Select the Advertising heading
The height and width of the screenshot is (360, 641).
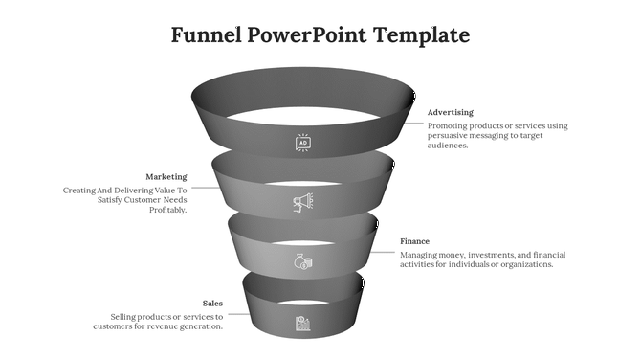pyautogui.click(x=450, y=112)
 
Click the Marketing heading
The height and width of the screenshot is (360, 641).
pyautogui.click(x=166, y=177)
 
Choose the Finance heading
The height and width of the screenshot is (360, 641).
pyautogui.click(x=414, y=241)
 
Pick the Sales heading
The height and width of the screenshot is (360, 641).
pyautogui.click(x=212, y=304)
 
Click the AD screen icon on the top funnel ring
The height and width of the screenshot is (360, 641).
pyautogui.click(x=302, y=143)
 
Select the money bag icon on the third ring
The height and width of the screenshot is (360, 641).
pyautogui.click(x=302, y=261)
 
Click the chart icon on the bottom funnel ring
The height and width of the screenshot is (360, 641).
pyautogui.click(x=302, y=323)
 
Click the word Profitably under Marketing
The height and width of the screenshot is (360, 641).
pyautogui.click(x=167, y=211)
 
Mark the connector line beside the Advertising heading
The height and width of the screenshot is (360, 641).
pyautogui.click(x=413, y=122)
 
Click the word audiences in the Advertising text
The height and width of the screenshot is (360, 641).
pyautogui.click(x=448, y=146)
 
